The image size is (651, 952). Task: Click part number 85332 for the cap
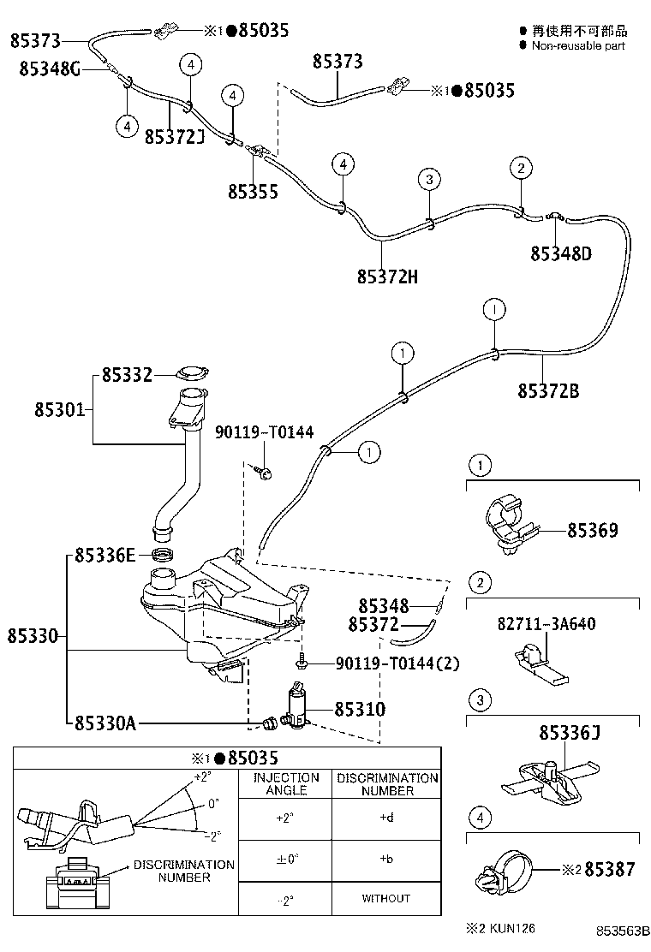tap(127, 375)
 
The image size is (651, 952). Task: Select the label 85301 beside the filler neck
tap(59, 410)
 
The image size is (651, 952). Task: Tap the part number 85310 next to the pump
tap(360, 710)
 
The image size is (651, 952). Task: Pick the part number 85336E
tap(105, 556)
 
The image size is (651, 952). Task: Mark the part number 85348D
tap(561, 253)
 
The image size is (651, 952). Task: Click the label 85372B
tap(548, 391)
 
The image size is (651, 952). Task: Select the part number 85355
tap(253, 192)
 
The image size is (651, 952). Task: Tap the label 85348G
tap(50, 69)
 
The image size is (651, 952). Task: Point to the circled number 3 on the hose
tap(430, 179)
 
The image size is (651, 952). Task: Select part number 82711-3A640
tap(546, 624)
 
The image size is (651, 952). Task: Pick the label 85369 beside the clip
tap(592, 530)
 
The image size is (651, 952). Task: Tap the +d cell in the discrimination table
tap(386, 817)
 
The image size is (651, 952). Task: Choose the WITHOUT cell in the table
tap(386, 898)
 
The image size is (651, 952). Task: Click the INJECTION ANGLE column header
tap(286, 783)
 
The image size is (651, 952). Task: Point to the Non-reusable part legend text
tap(578, 45)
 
